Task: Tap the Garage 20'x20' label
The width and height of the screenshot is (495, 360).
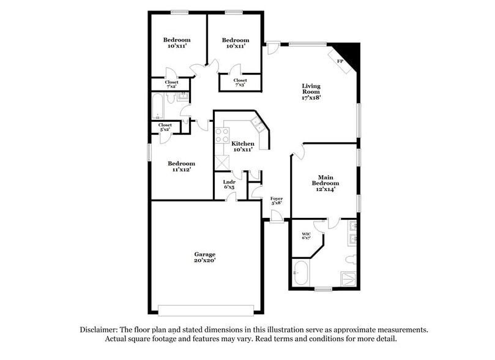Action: pos(205,257)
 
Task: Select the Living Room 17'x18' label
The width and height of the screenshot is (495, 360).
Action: pos(311,91)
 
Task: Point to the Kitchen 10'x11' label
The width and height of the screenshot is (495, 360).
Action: pos(243,146)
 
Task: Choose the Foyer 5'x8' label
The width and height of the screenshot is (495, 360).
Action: pos(277,201)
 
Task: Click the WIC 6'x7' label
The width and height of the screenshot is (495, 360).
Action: pos(307,236)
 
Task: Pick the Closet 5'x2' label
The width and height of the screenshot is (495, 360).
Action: pos(165,127)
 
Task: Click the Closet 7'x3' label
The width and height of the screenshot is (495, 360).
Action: pos(240,82)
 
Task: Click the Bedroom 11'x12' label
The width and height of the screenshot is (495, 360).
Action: pos(181,167)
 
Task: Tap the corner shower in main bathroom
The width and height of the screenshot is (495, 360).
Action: pos(348,278)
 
